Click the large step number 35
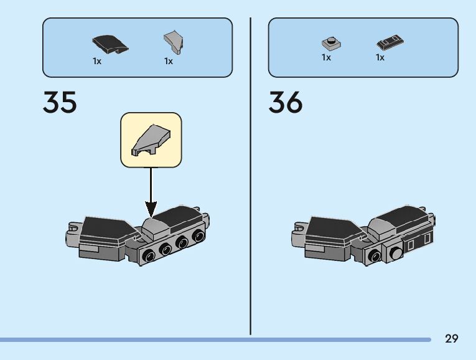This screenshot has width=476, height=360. point(60,102)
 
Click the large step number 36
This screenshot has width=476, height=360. point(286,102)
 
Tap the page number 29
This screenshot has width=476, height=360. point(452,339)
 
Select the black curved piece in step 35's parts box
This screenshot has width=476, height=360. point(110,44)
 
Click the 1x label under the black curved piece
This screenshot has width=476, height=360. point(97,61)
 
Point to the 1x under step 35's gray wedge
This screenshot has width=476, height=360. point(169,61)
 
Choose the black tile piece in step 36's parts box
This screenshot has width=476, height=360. point(391,43)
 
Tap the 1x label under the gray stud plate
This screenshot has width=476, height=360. point(326,57)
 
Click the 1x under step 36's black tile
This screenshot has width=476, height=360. point(380,57)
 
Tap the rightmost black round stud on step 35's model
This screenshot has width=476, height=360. point(198,237)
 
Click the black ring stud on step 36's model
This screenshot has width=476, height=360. point(376,255)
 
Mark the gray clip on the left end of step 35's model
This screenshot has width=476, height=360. point(72,234)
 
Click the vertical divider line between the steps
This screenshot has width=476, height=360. point(250,174)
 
